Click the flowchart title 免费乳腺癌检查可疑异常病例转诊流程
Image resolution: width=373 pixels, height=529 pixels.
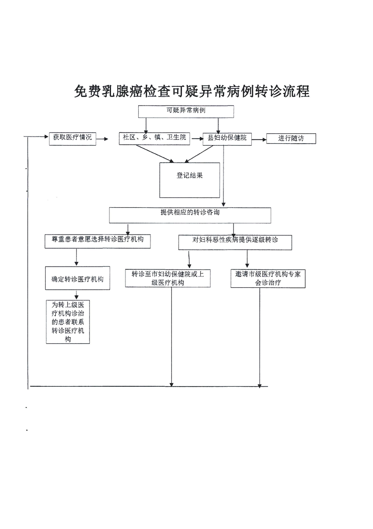coord(191,91)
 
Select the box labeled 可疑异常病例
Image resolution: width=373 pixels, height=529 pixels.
coord(186,111)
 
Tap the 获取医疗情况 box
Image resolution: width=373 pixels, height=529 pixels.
coord(72,138)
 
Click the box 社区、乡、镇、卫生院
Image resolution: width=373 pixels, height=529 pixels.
coord(154,138)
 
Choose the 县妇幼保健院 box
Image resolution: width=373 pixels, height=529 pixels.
coord(227,138)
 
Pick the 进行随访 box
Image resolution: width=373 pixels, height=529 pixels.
coord(290,138)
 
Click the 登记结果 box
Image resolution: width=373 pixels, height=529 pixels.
coord(190,180)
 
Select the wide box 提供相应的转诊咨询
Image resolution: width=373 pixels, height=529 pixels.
coord(190,215)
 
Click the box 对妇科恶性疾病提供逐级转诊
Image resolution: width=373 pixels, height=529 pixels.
coord(235,242)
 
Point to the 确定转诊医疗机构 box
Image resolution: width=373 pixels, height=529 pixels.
coord(77,279)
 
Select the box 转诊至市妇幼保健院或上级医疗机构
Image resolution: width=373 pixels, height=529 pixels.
coord(167,278)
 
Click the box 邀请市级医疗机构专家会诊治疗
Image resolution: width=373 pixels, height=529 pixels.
coord(268,278)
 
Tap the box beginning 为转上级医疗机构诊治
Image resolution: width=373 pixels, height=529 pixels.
coord(68,322)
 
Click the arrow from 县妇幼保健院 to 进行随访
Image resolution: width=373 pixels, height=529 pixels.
coord(258,139)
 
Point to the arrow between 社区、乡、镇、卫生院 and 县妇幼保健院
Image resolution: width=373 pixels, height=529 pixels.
coord(196,138)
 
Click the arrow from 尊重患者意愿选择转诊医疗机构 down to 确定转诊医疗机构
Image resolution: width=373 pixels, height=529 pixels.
coord(76,257)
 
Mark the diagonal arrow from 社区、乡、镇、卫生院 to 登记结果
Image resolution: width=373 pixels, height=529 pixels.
coord(152,153)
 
